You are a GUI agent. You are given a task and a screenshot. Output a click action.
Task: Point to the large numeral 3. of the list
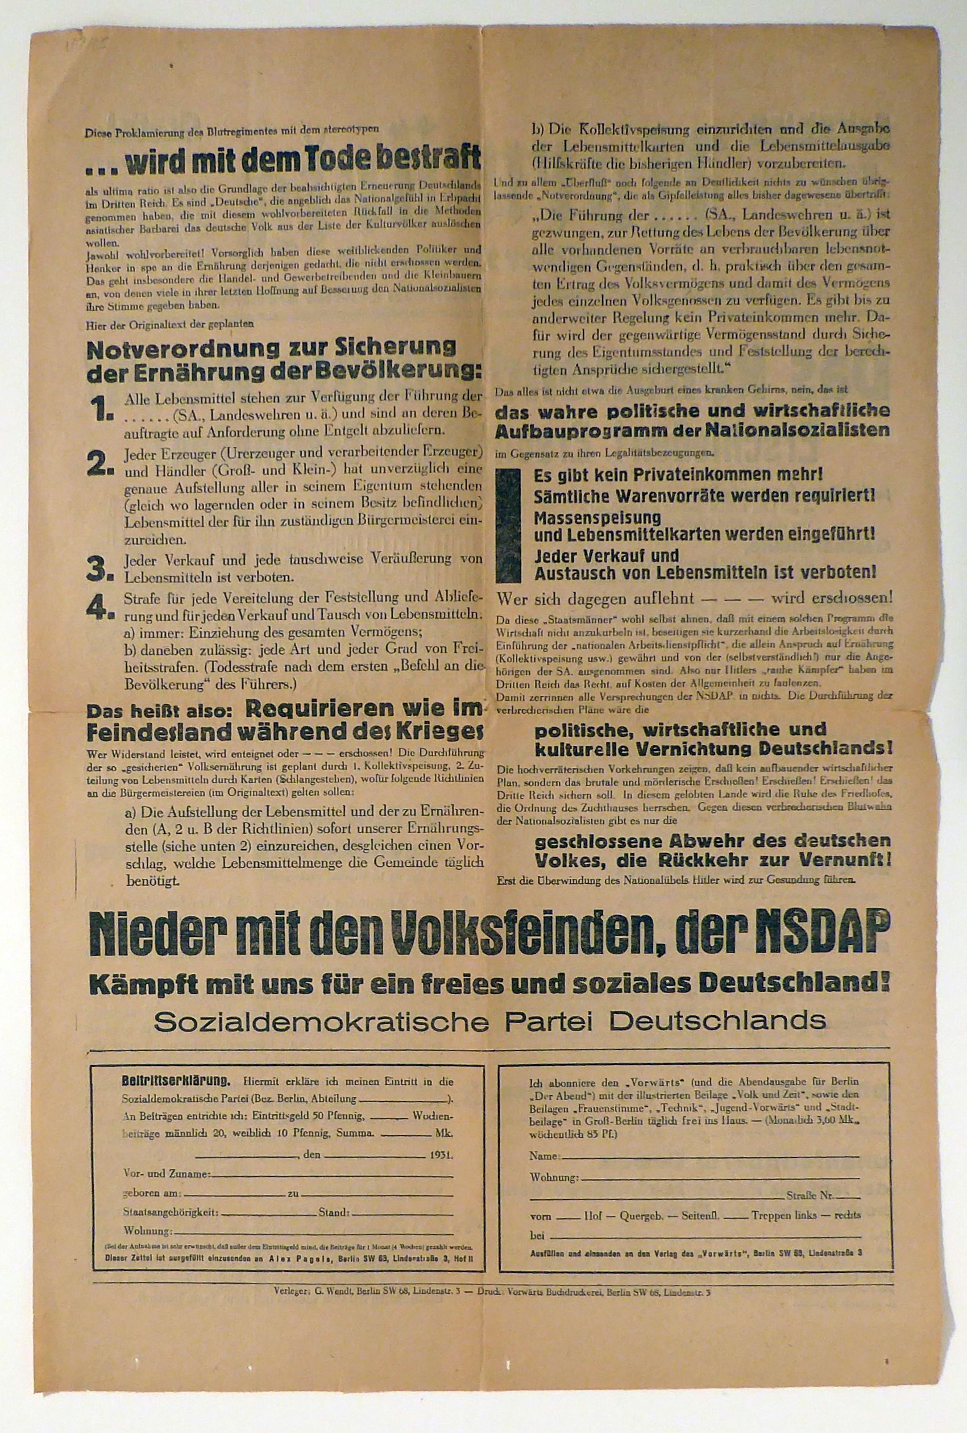coord(101,569)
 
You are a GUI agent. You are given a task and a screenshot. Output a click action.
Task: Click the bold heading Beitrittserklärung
coord(177,1081)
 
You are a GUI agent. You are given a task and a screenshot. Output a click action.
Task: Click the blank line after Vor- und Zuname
coord(333,1174)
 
